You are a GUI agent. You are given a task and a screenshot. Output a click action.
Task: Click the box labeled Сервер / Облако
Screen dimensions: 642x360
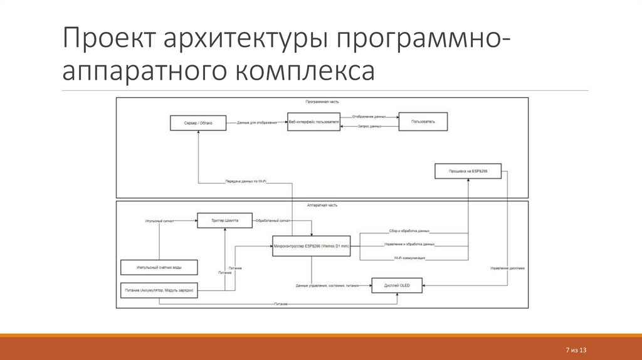pyautogui.click(x=197, y=123)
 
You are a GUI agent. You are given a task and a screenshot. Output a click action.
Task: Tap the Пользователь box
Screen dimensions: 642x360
pyautogui.click(x=424, y=122)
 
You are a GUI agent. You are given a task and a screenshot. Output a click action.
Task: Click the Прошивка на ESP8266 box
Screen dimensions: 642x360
pyautogui.click(x=467, y=171)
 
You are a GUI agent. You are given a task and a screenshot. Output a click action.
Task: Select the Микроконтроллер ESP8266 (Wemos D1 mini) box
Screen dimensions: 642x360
pyautogui.click(x=312, y=246)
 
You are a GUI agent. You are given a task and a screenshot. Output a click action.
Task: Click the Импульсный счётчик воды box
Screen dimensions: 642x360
pyautogui.click(x=159, y=268)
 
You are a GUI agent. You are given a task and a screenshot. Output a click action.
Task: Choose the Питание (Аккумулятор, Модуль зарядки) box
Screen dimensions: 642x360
pyautogui.click(x=159, y=291)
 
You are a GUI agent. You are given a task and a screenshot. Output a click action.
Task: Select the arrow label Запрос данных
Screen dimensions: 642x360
pyautogui.click(x=370, y=127)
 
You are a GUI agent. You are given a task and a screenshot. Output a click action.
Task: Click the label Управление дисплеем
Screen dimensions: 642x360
pyautogui.click(x=507, y=268)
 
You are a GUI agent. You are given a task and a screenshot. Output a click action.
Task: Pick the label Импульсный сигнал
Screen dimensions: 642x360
pyautogui.click(x=159, y=221)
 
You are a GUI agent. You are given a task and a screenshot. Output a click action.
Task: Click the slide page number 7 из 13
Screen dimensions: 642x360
pyautogui.click(x=576, y=349)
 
